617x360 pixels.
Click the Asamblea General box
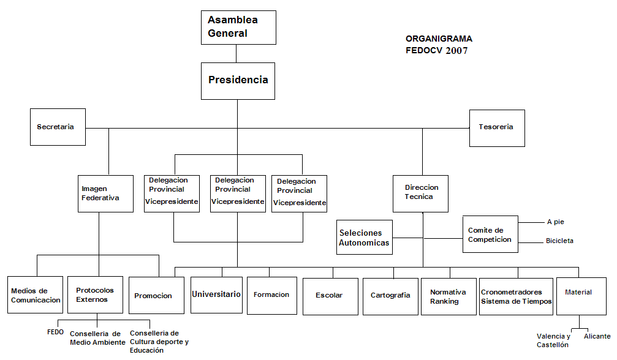pyautogui.click(x=238, y=28)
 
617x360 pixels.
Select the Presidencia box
pyautogui.click(x=238, y=81)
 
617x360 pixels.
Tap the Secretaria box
pyautogui.click(x=58, y=127)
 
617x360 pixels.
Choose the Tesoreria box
pyautogui.click(x=497, y=128)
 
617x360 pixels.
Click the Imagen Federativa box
pyautogui.click(x=105, y=193)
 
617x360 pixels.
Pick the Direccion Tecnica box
pyautogui.click(x=421, y=193)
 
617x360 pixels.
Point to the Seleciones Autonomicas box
pyautogui.click(x=365, y=238)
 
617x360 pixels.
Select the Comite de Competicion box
pyautogui.click(x=490, y=234)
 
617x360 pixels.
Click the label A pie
pyautogui.click(x=556, y=222)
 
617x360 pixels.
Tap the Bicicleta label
pyautogui.click(x=559, y=241)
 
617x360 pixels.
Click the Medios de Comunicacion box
pyautogui.click(x=35, y=294)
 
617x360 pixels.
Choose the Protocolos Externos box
pyautogui.click(x=95, y=294)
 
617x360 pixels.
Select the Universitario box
pyautogui.click(x=216, y=295)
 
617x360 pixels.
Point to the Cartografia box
pyautogui.click(x=390, y=297)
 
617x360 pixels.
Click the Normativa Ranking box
pyautogui.click(x=449, y=297)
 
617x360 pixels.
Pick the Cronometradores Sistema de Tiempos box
pyautogui.click(x=517, y=297)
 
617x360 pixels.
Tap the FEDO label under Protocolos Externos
pyautogui.click(x=56, y=332)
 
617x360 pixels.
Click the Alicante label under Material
pyautogui.click(x=597, y=336)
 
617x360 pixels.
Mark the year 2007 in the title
pyautogui.click(x=456, y=50)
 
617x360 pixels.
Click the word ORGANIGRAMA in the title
pyautogui.click(x=439, y=39)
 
